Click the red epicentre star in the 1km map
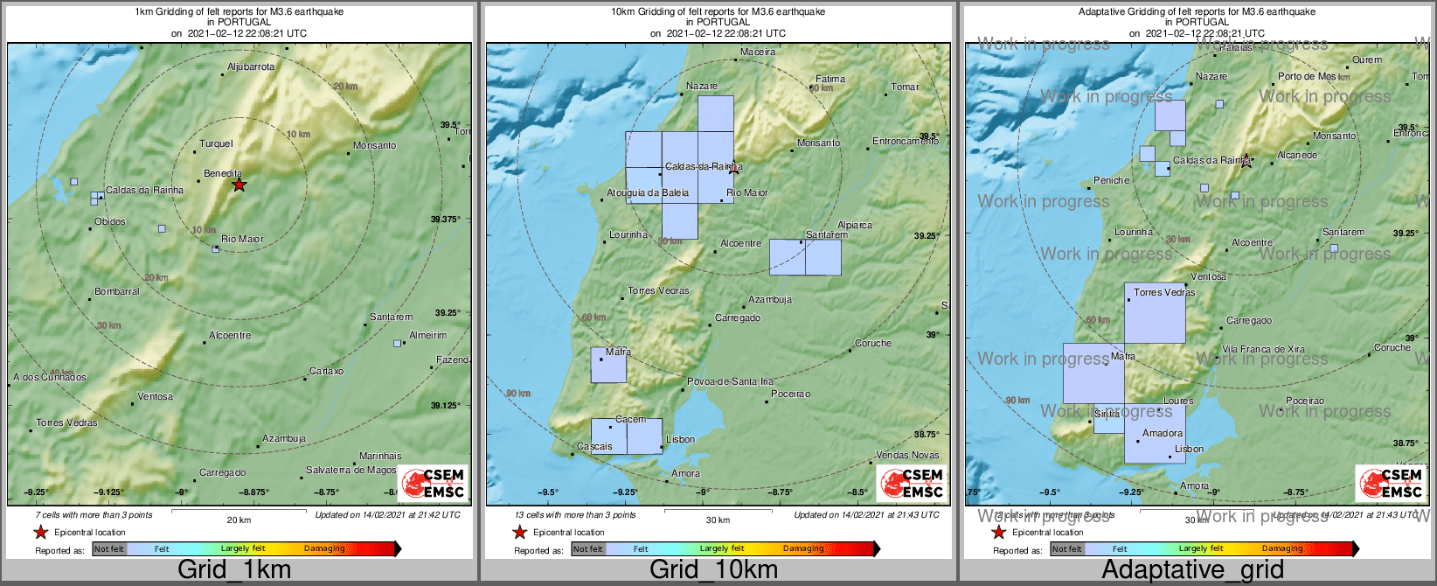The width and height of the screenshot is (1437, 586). pyautogui.click(x=239, y=185)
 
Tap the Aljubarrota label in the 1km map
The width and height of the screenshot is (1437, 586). pyautogui.click(x=251, y=66)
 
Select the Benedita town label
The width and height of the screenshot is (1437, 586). pyautogui.click(x=223, y=173)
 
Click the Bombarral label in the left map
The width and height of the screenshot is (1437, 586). pyautogui.click(x=117, y=291)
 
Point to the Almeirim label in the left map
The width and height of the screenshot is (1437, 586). pyautogui.click(x=428, y=335)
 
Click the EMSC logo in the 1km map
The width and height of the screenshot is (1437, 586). pyautogui.click(x=434, y=483)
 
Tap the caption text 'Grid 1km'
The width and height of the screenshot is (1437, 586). pyautogui.click(x=234, y=569)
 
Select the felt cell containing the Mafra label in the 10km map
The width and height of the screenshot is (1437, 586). pyautogui.click(x=608, y=366)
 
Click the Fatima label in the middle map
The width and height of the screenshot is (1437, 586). pyautogui.click(x=830, y=79)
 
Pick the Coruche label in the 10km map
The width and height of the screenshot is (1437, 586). pyautogui.click(x=873, y=343)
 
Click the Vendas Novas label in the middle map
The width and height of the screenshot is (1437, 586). pyautogui.click(x=907, y=455)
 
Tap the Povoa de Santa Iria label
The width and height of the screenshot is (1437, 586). pyautogui.click(x=731, y=381)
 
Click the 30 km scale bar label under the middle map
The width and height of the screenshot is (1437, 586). pyautogui.click(x=718, y=520)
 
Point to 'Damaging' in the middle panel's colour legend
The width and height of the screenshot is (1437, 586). pyautogui.click(x=803, y=548)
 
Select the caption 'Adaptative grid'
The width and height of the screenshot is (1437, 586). pyautogui.click(x=1192, y=569)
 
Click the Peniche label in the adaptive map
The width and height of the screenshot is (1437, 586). pyautogui.click(x=1112, y=180)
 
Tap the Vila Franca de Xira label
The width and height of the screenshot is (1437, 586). pyautogui.click(x=1263, y=349)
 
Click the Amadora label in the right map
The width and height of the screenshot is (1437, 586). pyautogui.click(x=1163, y=433)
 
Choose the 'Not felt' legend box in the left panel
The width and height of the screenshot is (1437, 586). pyautogui.click(x=109, y=548)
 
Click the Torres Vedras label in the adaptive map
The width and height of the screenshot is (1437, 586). pyautogui.click(x=1164, y=292)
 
